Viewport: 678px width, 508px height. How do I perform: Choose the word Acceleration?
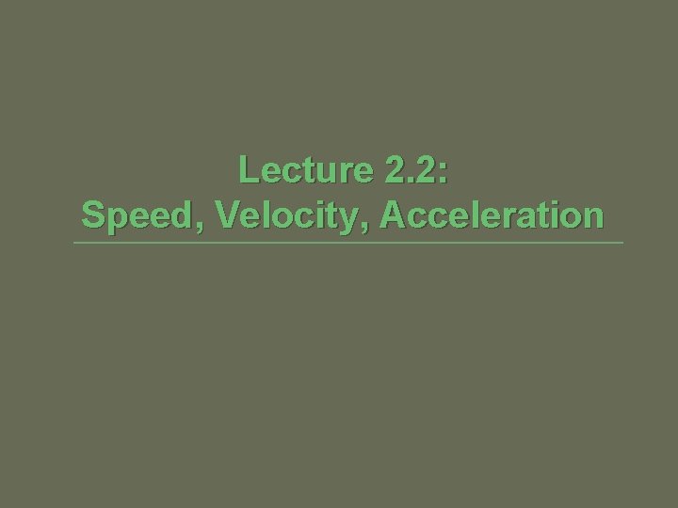(492, 214)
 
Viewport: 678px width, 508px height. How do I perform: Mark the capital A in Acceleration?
(393, 214)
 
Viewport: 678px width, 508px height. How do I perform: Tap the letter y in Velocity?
(354, 218)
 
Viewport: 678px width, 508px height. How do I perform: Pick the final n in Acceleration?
(591, 216)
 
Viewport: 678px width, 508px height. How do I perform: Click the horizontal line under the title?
(348, 244)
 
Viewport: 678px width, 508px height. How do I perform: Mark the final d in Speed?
(187, 214)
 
